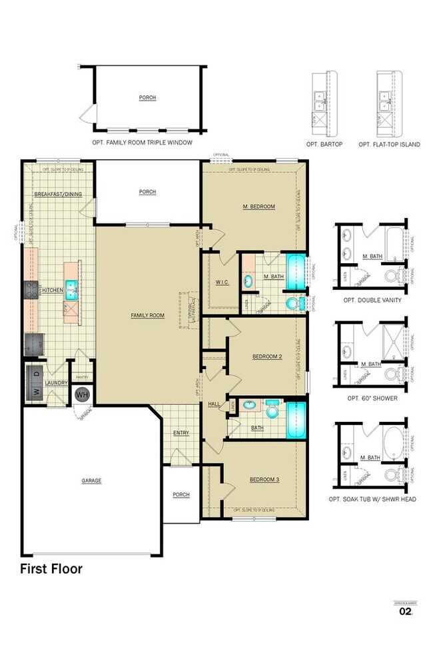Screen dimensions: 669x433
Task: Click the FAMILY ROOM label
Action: click(147, 315)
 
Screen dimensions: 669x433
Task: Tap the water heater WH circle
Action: click(83, 394)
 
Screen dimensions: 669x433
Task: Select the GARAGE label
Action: click(91, 480)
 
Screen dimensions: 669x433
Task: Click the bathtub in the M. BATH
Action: click(295, 271)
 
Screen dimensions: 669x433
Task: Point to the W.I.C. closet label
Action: click(222, 283)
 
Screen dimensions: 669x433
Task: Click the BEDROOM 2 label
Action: click(267, 356)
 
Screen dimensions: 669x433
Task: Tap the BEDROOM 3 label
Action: click(264, 480)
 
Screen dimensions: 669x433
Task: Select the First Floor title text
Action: click(51, 568)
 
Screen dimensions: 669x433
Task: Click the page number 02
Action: click(404, 611)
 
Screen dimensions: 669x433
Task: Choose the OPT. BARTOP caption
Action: click(324, 144)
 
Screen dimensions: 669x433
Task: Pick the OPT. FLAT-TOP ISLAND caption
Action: click(389, 144)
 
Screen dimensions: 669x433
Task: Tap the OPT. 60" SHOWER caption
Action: click(372, 398)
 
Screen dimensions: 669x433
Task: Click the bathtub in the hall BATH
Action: click(295, 419)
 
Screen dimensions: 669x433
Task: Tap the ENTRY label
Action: click(181, 433)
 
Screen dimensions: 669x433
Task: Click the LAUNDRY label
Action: click(57, 383)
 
